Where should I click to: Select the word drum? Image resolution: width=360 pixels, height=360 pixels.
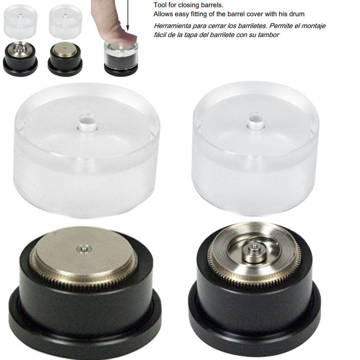pos(297,14)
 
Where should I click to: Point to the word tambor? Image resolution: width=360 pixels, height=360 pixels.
pos(270,35)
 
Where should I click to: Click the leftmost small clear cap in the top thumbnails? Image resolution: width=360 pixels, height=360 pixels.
pos(20,21)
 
